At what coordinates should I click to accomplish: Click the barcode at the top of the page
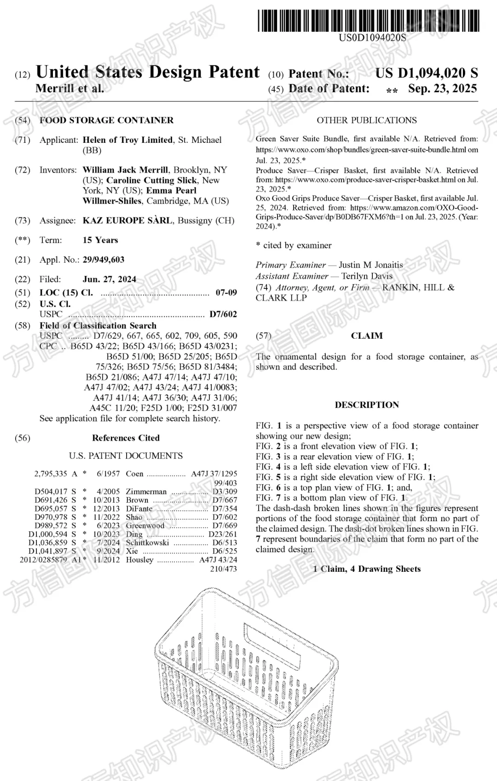point(368,21)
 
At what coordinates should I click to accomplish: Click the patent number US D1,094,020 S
point(426,73)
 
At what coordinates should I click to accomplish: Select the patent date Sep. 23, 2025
point(442,88)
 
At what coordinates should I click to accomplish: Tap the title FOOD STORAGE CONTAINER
point(106,120)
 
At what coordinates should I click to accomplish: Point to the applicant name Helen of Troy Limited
point(127,140)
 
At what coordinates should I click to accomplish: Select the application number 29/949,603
point(104,260)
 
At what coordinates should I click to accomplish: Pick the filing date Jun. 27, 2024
point(110,279)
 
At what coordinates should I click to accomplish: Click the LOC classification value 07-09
point(226,293)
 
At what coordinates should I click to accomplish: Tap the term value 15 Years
point(100,240)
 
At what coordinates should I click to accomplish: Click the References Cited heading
point(126,438)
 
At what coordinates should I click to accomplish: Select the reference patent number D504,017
point(51,492)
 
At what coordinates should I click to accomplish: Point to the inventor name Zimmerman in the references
point(146,492)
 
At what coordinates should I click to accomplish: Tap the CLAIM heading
point(367,336)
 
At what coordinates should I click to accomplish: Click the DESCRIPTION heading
point(367,405)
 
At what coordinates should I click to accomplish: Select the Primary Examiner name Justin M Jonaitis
point(370,265)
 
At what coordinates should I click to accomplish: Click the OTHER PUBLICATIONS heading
point(367,120)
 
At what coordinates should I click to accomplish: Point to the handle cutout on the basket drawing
point(273,640)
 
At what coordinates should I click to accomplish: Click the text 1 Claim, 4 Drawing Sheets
point(367,569)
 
